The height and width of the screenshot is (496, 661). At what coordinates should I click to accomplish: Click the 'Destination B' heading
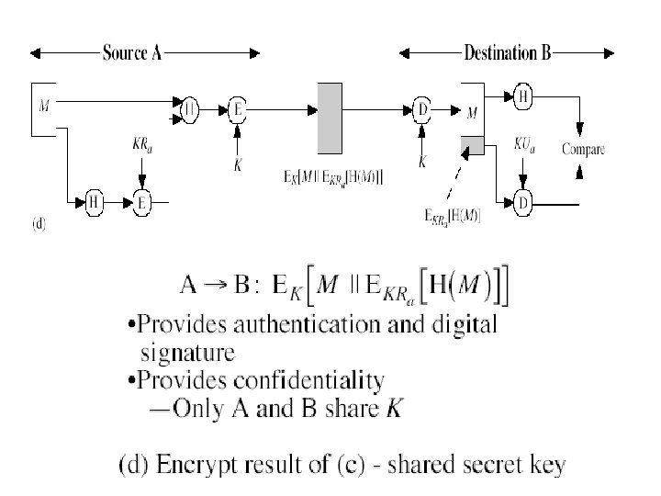tap(507, 53)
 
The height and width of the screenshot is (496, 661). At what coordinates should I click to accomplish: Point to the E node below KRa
tap(142, 202)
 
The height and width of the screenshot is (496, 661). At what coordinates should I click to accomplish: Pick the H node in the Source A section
tap(94, 202)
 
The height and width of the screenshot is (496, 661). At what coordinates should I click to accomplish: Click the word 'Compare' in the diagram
tap(582, 149)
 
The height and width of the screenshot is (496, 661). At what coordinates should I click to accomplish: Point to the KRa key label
tap(140, 145)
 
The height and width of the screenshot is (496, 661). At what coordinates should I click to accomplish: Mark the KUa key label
tap(523, 145)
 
